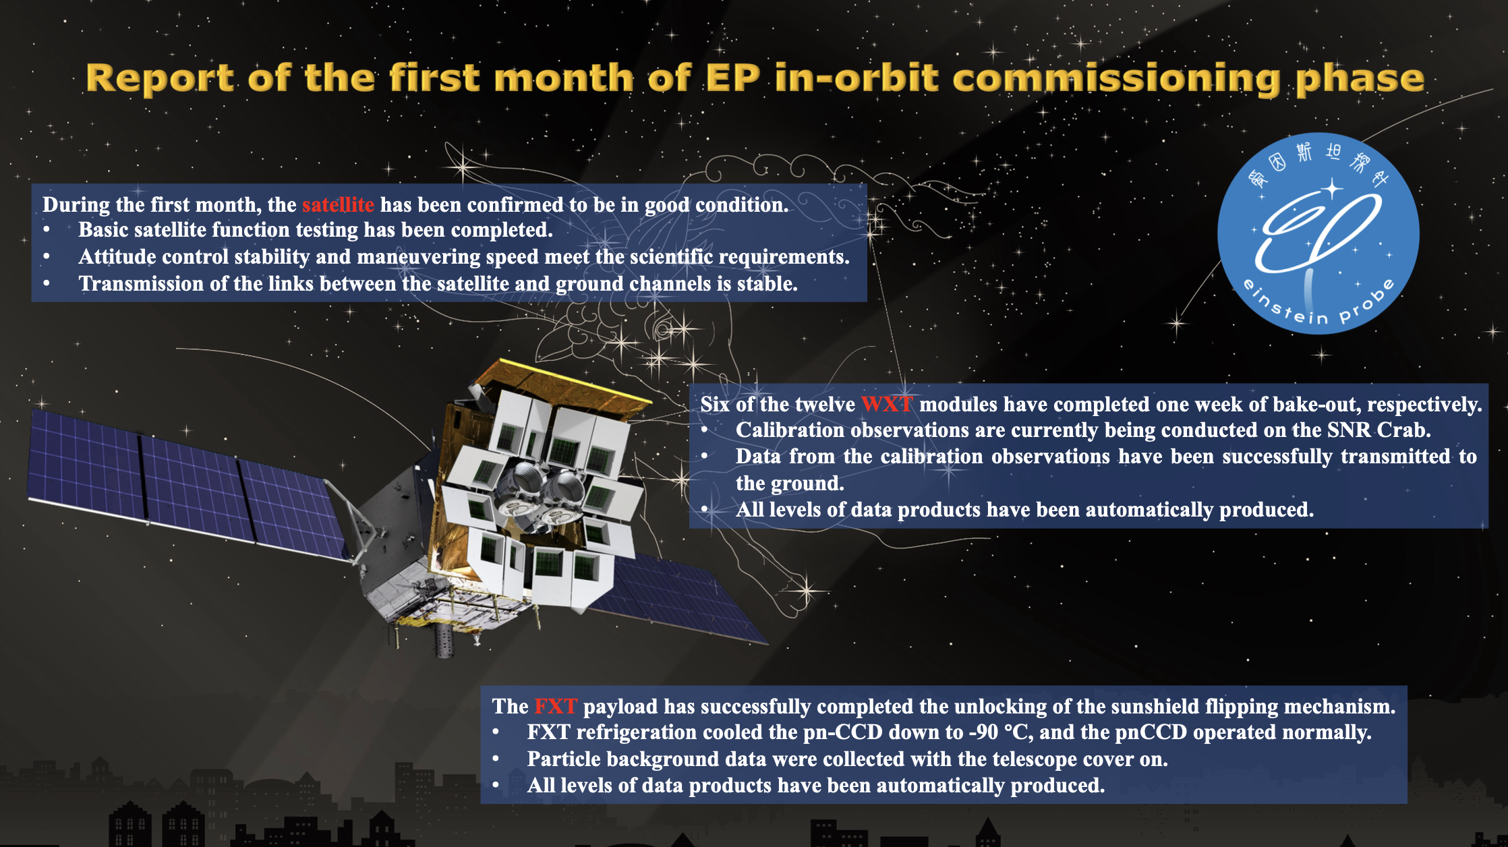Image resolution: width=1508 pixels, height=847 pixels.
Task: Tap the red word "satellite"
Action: click(x=338, y=204)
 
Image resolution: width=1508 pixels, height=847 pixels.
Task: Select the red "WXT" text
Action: click(x=887, y=404)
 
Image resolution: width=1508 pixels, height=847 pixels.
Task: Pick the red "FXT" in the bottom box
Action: click(x=556, y=706)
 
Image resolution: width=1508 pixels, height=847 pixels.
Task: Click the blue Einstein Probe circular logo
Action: click(x=1318, y=233)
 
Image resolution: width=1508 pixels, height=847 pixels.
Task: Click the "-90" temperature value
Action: click(x=985, y=732)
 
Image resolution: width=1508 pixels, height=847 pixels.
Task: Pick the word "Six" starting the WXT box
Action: click(x=715, y=404)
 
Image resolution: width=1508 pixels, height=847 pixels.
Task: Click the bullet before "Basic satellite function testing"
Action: click(x=47, y=230)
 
